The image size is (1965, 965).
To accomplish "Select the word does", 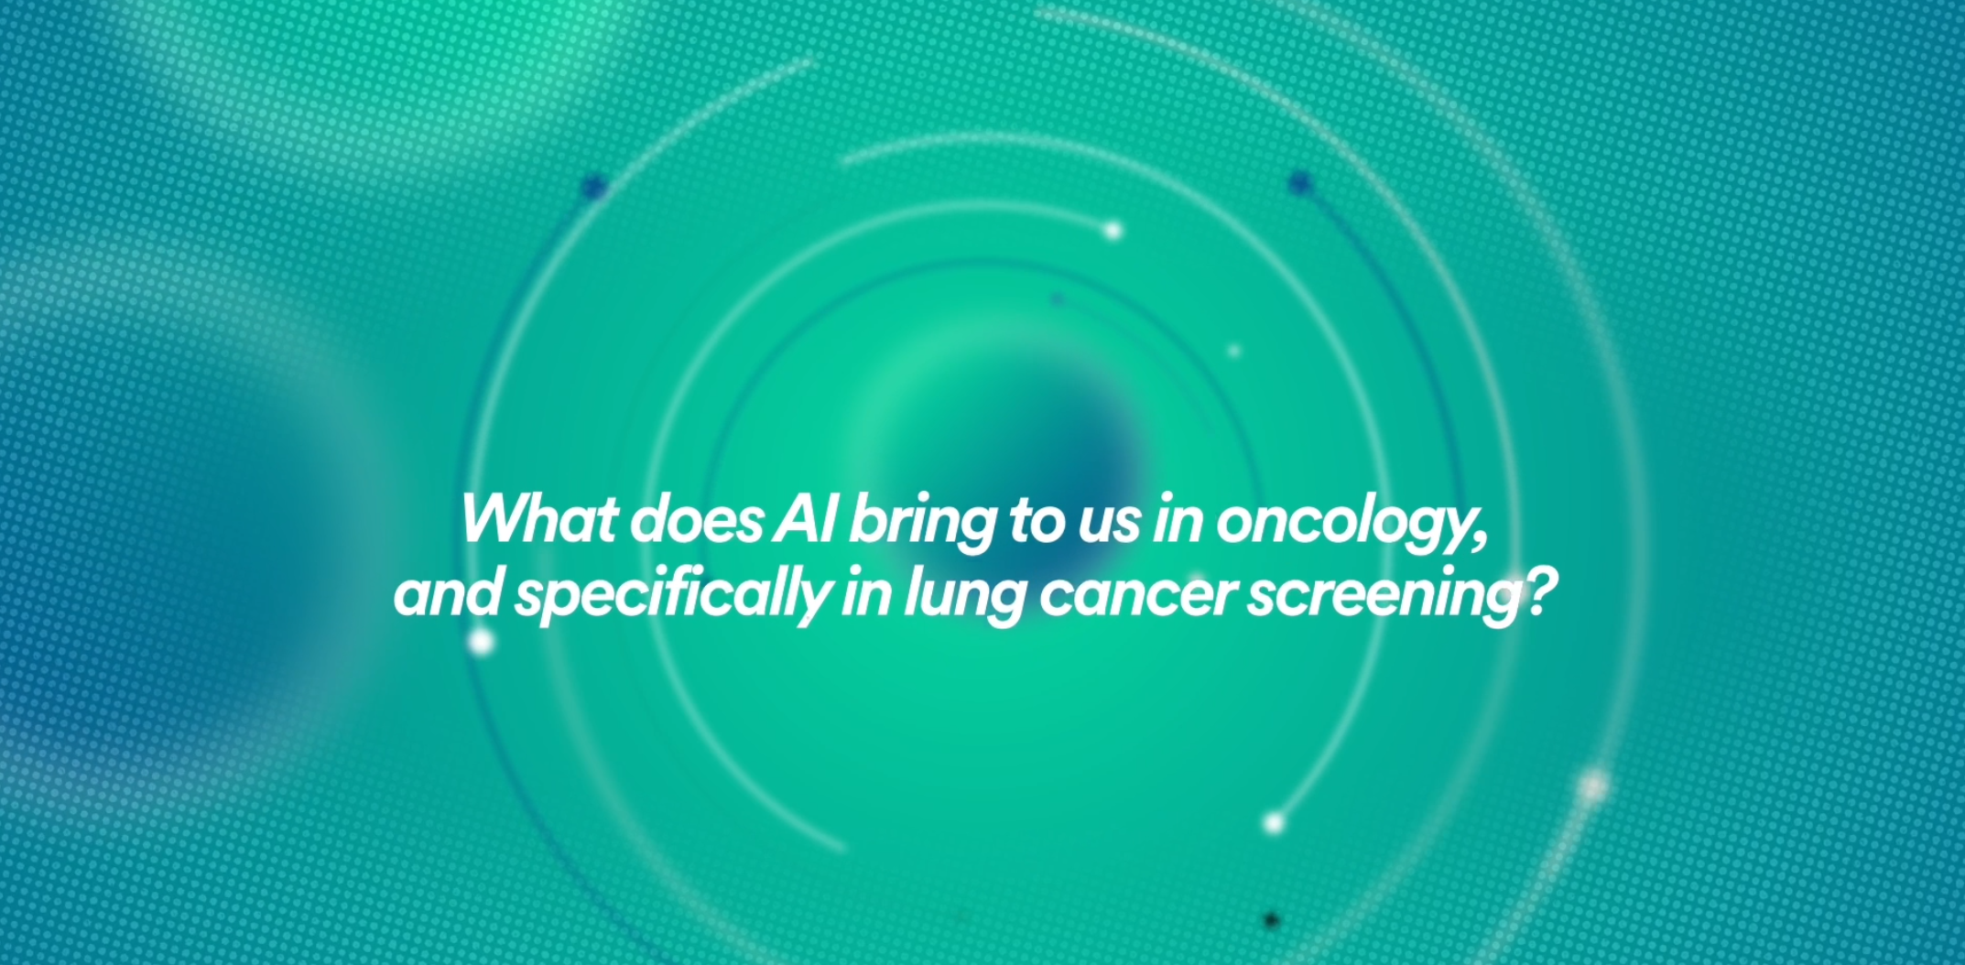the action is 696,519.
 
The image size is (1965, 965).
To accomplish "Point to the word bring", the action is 922,525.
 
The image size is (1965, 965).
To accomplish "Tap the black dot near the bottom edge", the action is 1271,920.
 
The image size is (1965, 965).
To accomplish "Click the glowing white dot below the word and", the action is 481,642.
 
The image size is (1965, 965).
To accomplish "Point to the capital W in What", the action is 500,519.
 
